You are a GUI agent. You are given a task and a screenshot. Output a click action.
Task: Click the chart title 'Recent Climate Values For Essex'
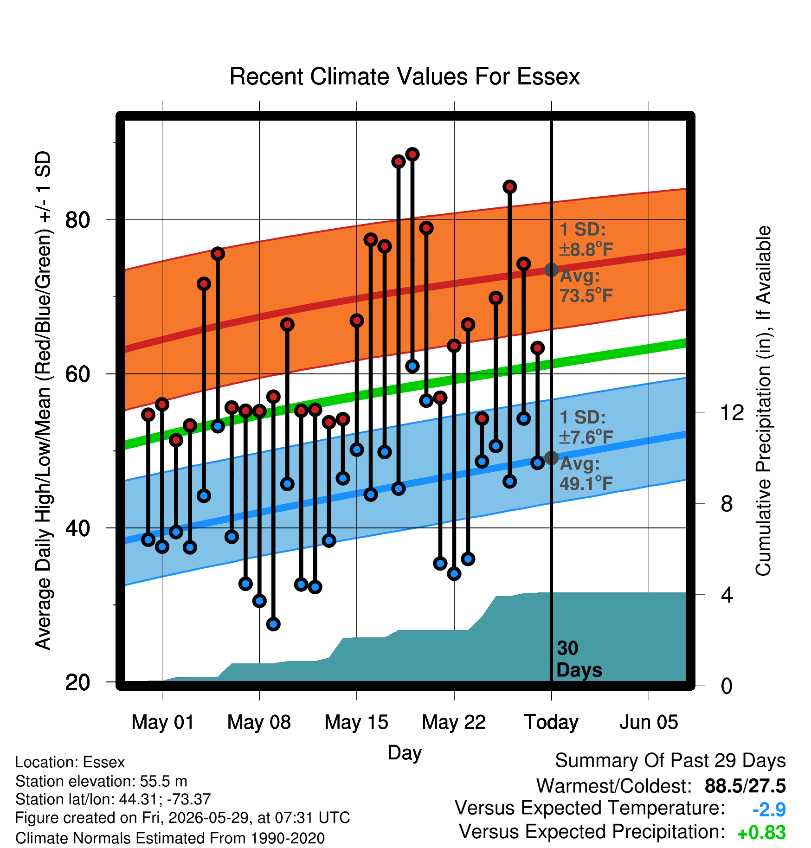405,77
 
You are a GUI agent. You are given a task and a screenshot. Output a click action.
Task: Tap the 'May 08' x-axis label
259,722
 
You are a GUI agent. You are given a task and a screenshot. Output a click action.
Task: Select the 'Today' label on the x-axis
551,722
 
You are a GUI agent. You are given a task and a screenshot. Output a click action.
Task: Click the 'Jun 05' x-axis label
649,722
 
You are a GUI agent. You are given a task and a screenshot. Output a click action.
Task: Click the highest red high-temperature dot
412,154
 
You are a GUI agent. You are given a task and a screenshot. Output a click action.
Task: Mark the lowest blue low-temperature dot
273,624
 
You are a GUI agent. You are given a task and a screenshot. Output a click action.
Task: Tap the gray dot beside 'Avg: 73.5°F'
551,270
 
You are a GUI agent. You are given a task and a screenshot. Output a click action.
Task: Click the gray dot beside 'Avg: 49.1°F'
551,458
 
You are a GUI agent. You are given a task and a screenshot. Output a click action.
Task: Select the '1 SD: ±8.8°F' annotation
586,239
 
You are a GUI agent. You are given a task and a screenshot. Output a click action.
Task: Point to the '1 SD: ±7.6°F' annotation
586,427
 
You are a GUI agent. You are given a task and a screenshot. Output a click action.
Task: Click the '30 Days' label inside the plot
579,659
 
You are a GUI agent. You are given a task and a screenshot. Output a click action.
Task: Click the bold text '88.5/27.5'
745,786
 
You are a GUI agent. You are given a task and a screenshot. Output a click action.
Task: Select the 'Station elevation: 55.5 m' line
101,781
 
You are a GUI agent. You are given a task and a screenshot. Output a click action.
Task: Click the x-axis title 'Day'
405,752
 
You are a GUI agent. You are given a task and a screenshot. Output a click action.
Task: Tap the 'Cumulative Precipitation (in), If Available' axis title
763,401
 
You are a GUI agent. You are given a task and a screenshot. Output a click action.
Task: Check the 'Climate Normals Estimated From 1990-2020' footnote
170,838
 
